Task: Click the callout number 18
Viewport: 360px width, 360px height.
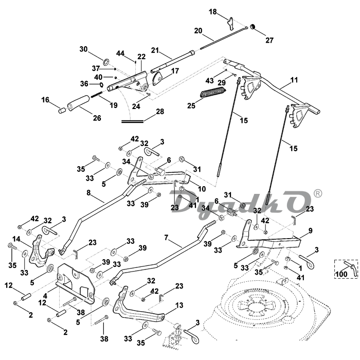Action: pyautogui.click(x=213, y=11)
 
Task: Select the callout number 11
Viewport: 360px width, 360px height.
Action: pyautogui.click(x=294, y=80)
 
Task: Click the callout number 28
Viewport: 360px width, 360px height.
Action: pyautogui.click(x=159, y=111)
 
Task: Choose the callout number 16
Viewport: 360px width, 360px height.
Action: pyautogui.click(x=45, y=100)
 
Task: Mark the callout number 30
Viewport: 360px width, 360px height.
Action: pyautogui.click(x=83, y=49)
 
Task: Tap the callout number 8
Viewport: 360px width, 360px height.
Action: pyautogui.click(x=88, y=194)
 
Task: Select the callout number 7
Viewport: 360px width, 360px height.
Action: pyautogui.click(x=166, y=238)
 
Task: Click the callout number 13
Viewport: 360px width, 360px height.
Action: pyautogui.click(x=179, y=305)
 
